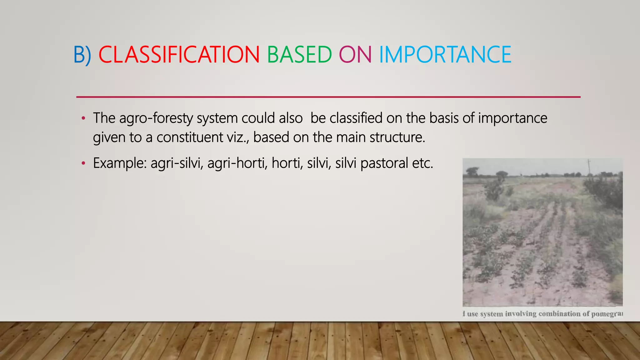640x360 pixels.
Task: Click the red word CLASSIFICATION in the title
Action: coord(179,55)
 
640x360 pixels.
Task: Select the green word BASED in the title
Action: coord(299,55)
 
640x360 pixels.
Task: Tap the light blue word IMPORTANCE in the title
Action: coord(445,55)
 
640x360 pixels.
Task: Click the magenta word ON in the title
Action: coord(355,55)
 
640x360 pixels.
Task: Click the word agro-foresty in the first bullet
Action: coord(156,118)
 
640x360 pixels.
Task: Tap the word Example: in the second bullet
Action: coord(120,163)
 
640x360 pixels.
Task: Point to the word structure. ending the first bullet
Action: coord(397,137)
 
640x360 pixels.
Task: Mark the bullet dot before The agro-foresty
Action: coord(83,118)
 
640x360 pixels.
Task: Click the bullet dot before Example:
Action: coord(83,163)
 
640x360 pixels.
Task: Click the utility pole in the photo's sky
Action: coord(589,166)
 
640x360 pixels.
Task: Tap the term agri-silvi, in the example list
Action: coord(177,163)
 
